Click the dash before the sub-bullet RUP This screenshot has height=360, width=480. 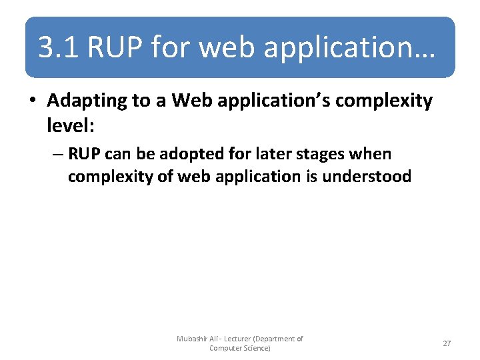point(57,155)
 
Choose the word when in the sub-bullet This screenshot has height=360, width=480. point(373,154)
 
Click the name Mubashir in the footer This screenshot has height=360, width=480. point(193,339)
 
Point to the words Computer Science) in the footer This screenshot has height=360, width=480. point(240,348)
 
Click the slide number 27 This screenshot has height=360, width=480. point(447,343)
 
